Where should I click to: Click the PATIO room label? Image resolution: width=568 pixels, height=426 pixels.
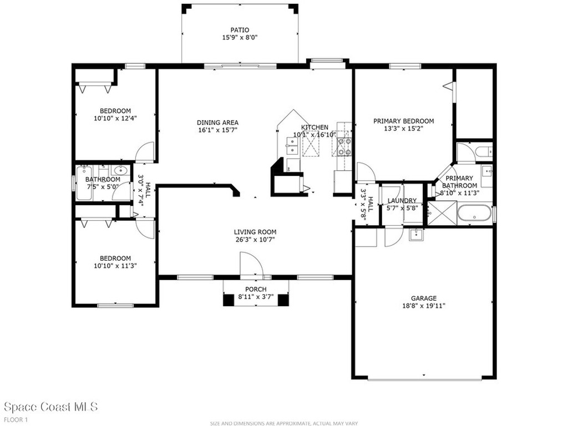click(x=240, y=30)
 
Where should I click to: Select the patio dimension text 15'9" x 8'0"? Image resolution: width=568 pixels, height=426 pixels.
click(x=240, y=38)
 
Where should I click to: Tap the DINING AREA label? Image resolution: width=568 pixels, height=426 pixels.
click(x=217, y=123)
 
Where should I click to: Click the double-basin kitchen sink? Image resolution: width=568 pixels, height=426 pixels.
click(x=291, y=146)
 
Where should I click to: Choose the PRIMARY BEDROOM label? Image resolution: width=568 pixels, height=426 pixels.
click(x=403, y=121)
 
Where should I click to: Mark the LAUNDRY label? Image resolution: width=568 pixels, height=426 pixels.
click(x=402, y=201)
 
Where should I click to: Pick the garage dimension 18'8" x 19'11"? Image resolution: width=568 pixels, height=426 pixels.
click(x=424, y=306)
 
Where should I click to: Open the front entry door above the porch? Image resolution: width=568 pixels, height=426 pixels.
click(x=251, y=265)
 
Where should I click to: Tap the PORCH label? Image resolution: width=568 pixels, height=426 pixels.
click(x=256, y=290)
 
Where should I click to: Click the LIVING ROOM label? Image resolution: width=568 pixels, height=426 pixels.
click(x=255, y=232)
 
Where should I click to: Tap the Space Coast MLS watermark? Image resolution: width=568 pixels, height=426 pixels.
click(x=50, y=407)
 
